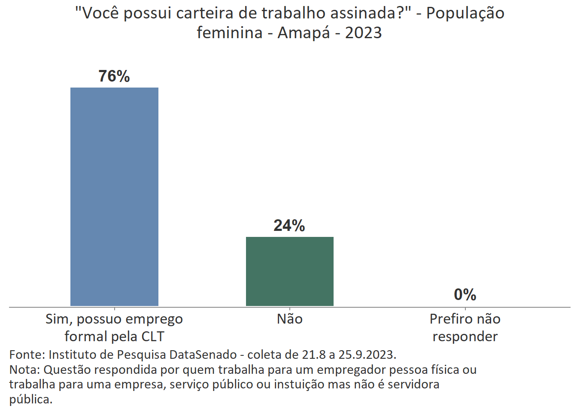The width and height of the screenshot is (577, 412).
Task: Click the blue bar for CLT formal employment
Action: point(114,197)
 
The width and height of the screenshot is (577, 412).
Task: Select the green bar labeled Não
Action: point(289,271)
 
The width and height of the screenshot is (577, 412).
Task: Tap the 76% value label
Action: point(114,76)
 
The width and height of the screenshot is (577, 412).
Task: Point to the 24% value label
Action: point(289,226)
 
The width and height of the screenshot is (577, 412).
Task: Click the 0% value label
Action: point(465,295)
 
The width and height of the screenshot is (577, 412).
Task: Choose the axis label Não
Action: point(290,319)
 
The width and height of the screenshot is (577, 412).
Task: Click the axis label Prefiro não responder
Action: point(465,328)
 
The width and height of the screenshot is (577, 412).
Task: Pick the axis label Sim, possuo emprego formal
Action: point(114,328)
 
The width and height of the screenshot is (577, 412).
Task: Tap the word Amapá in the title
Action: point(304,33)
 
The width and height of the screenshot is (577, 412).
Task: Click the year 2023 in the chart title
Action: point(363,33)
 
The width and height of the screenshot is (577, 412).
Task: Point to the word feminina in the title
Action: point(230,33)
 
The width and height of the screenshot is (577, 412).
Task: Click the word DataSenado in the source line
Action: point(203,355)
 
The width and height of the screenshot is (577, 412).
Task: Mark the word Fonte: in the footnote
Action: point(27,355)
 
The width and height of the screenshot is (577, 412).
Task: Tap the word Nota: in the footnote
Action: point(24,370)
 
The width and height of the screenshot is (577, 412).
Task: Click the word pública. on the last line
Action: point(31,400)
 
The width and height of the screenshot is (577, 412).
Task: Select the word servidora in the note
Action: point(413,385)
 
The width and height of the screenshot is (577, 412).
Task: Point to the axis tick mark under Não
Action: point(290,309)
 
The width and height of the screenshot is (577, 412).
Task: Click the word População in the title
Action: point(465,13)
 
